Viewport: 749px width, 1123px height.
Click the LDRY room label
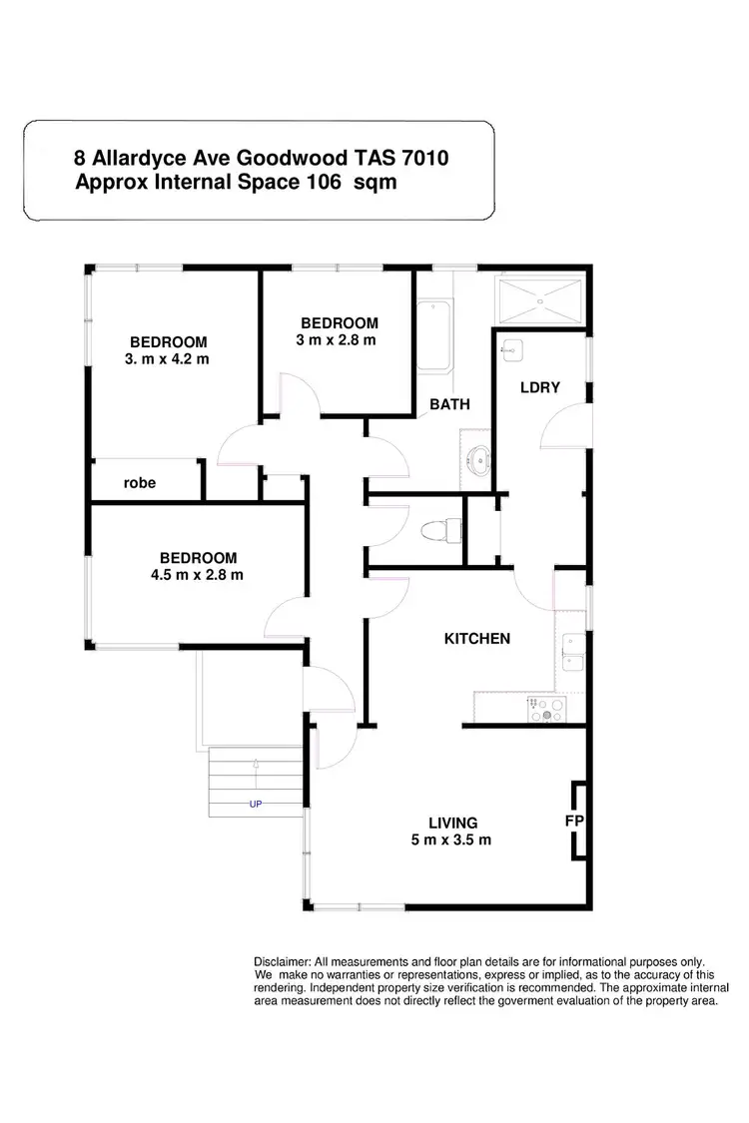(x=539, y=387)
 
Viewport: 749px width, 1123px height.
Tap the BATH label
(x=449, y=404)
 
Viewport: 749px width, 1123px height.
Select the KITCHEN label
(x=477, y=639)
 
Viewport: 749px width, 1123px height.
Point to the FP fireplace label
(x=573, y=821)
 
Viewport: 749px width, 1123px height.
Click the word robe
(x=140, y=483)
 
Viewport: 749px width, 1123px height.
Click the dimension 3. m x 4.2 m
(x=167, y=358)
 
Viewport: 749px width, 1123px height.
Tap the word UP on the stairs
(x=255, y=803)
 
